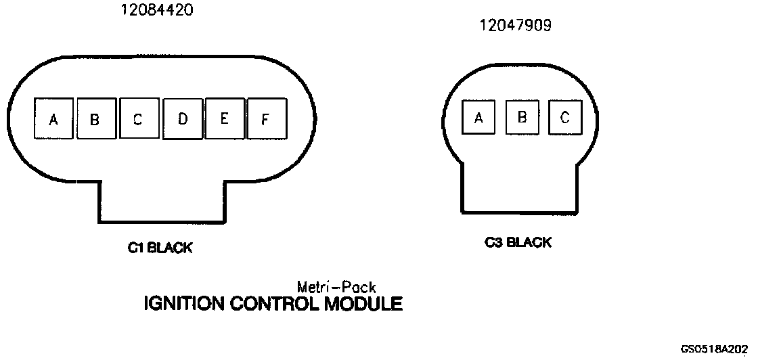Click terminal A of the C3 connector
[479, 117]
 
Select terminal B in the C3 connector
[522, 116]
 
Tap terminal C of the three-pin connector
[565, 116]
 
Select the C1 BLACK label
[160, 248]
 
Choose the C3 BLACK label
[518, 242]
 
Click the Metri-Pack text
[336, 287]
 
